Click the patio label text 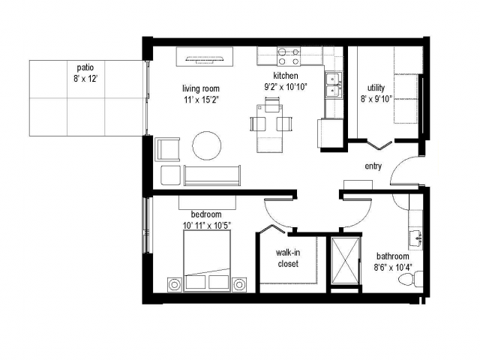click(85, 67)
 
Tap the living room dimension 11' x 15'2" click(201, 100)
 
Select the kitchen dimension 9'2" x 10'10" click(286, 87)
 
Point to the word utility click(376, 88)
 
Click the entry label click(373, 166)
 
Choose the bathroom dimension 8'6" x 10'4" click(393, 268)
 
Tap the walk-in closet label click(288, 258)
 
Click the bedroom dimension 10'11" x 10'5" click(207, 226)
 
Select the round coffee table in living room click(207, 145)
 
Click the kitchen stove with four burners click(289, 56)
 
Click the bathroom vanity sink click(416, 238)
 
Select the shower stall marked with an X click(346, 260)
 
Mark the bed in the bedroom click(207, 261)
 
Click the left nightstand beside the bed click(175, 285)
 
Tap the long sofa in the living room click(212, 175)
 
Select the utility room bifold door click(379, 144)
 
